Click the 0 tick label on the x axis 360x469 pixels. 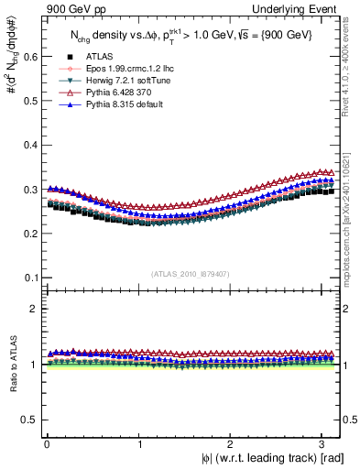tap(46, 442)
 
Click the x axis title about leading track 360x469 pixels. tap(259, 458)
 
